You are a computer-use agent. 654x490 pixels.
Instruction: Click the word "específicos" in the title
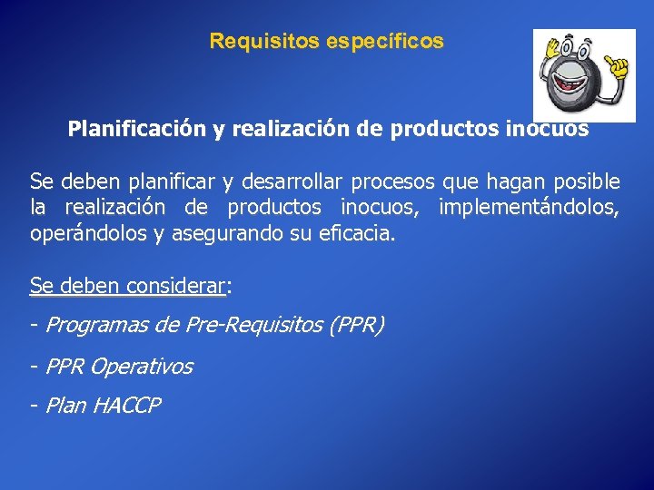(x=397, y=42)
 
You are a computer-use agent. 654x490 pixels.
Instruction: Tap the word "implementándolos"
(x=530, y=208)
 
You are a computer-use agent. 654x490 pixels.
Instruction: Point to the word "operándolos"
(x=87, y=234)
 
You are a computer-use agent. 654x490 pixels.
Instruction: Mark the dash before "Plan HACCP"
(x=34, y=406)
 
